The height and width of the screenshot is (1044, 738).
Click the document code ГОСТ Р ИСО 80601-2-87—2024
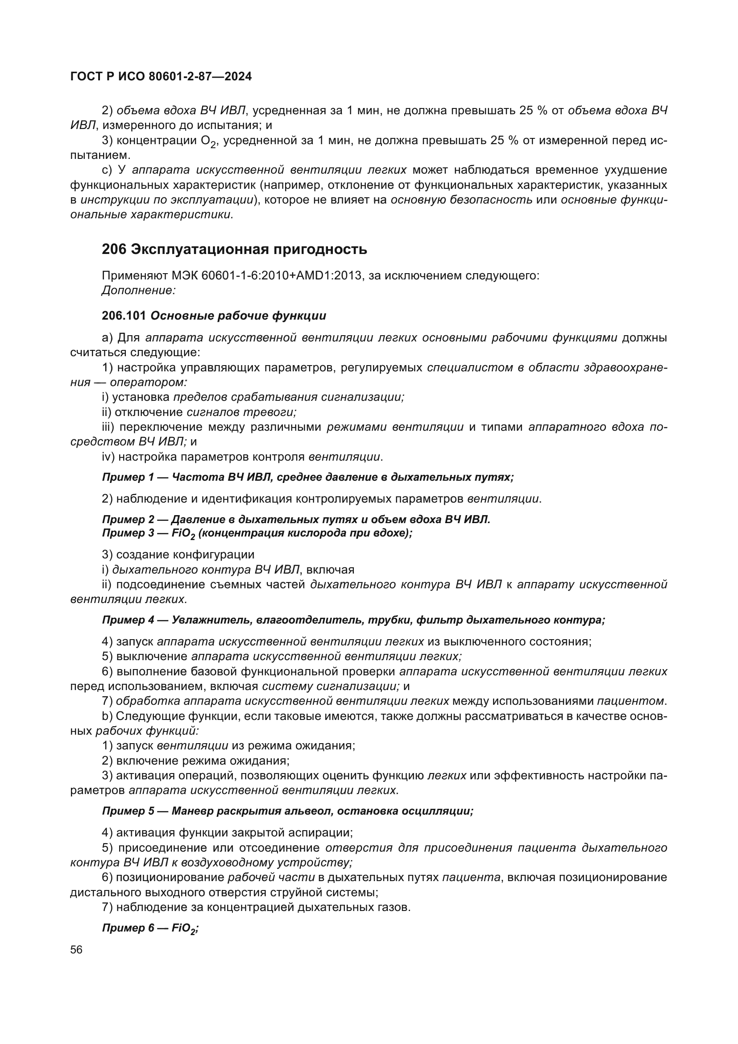pyautogui.click(x=161, y=77)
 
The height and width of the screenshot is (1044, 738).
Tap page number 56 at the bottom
pyautogui.click(x=76, y=950)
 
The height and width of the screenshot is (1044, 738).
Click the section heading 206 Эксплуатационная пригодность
pyautogui.click(x=234, y=249)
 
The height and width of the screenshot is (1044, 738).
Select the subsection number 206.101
pyautogui.click(x=124, y=316)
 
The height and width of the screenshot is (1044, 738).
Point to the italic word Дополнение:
pyautogui.click(x=139, y=290)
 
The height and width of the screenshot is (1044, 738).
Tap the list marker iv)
pyautogui.click(x=107, y=457)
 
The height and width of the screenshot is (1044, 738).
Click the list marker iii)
pyautogui.click(x=108, y=427)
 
